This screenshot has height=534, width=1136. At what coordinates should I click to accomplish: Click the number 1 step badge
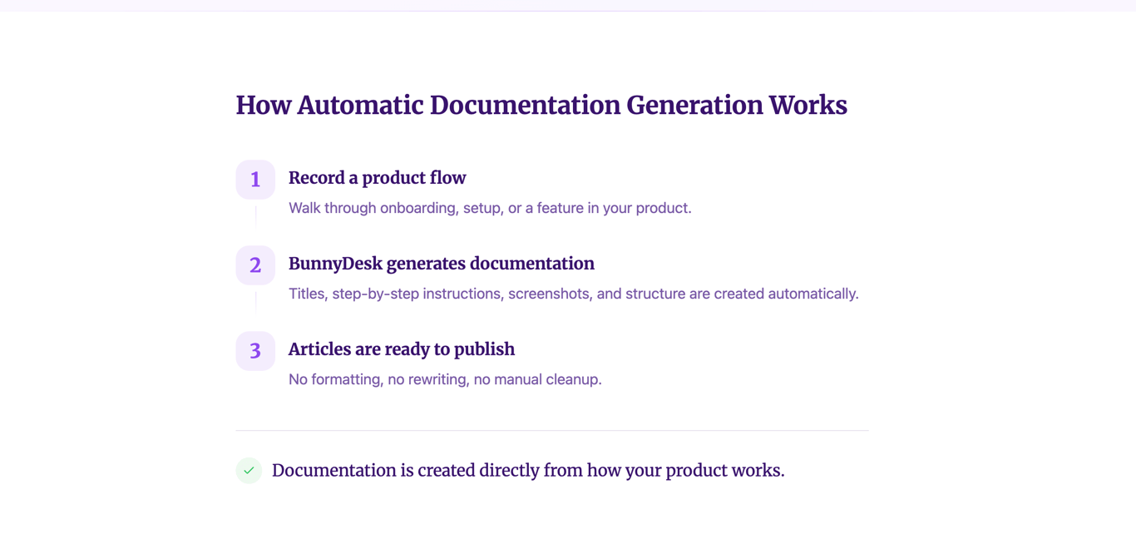[255, 180]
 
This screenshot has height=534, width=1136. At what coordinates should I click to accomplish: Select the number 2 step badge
[255, 265]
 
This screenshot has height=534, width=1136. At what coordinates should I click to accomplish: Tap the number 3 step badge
[255, 351]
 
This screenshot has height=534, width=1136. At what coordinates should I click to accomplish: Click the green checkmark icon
[249, 470]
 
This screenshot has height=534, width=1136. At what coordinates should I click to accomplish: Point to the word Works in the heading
[808, 106]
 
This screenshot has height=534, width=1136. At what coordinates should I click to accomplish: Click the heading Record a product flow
[377, 178]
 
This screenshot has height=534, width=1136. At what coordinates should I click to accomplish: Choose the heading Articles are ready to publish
[401, 349]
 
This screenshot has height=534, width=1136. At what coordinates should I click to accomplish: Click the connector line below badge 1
[255, 216]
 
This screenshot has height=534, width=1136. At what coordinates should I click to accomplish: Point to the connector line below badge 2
[255, 302]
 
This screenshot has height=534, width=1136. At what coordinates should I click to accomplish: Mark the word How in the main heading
[263, 106]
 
